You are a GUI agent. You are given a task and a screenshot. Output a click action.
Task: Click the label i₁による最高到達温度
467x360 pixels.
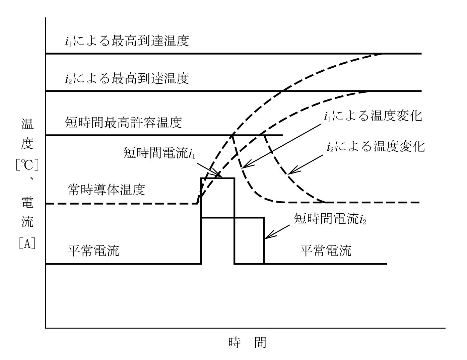(x=127, y=41)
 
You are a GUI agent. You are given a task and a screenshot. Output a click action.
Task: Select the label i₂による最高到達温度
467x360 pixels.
(x=127, y=78)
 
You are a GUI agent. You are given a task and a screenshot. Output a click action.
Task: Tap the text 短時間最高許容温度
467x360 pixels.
(x=123, y=123)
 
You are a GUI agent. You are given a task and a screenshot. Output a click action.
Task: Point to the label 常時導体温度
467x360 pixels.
(x=107, y=190)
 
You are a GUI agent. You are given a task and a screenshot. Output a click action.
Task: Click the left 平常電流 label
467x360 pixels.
(x=93, y=251)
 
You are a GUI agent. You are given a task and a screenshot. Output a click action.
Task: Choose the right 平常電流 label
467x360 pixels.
(x=326, y=251)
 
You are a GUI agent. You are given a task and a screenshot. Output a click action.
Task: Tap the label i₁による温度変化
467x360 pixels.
(x=373, y=116)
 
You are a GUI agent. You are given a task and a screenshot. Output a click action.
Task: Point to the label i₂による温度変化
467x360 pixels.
(x=376, y=147)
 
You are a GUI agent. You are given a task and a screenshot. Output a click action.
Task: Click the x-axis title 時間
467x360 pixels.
(x=247, y=342)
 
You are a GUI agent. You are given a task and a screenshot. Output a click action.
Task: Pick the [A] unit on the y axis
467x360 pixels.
(x=27, y=243)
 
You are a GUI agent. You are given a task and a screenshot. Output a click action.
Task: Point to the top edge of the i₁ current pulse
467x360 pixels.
(x=217, y=178)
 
